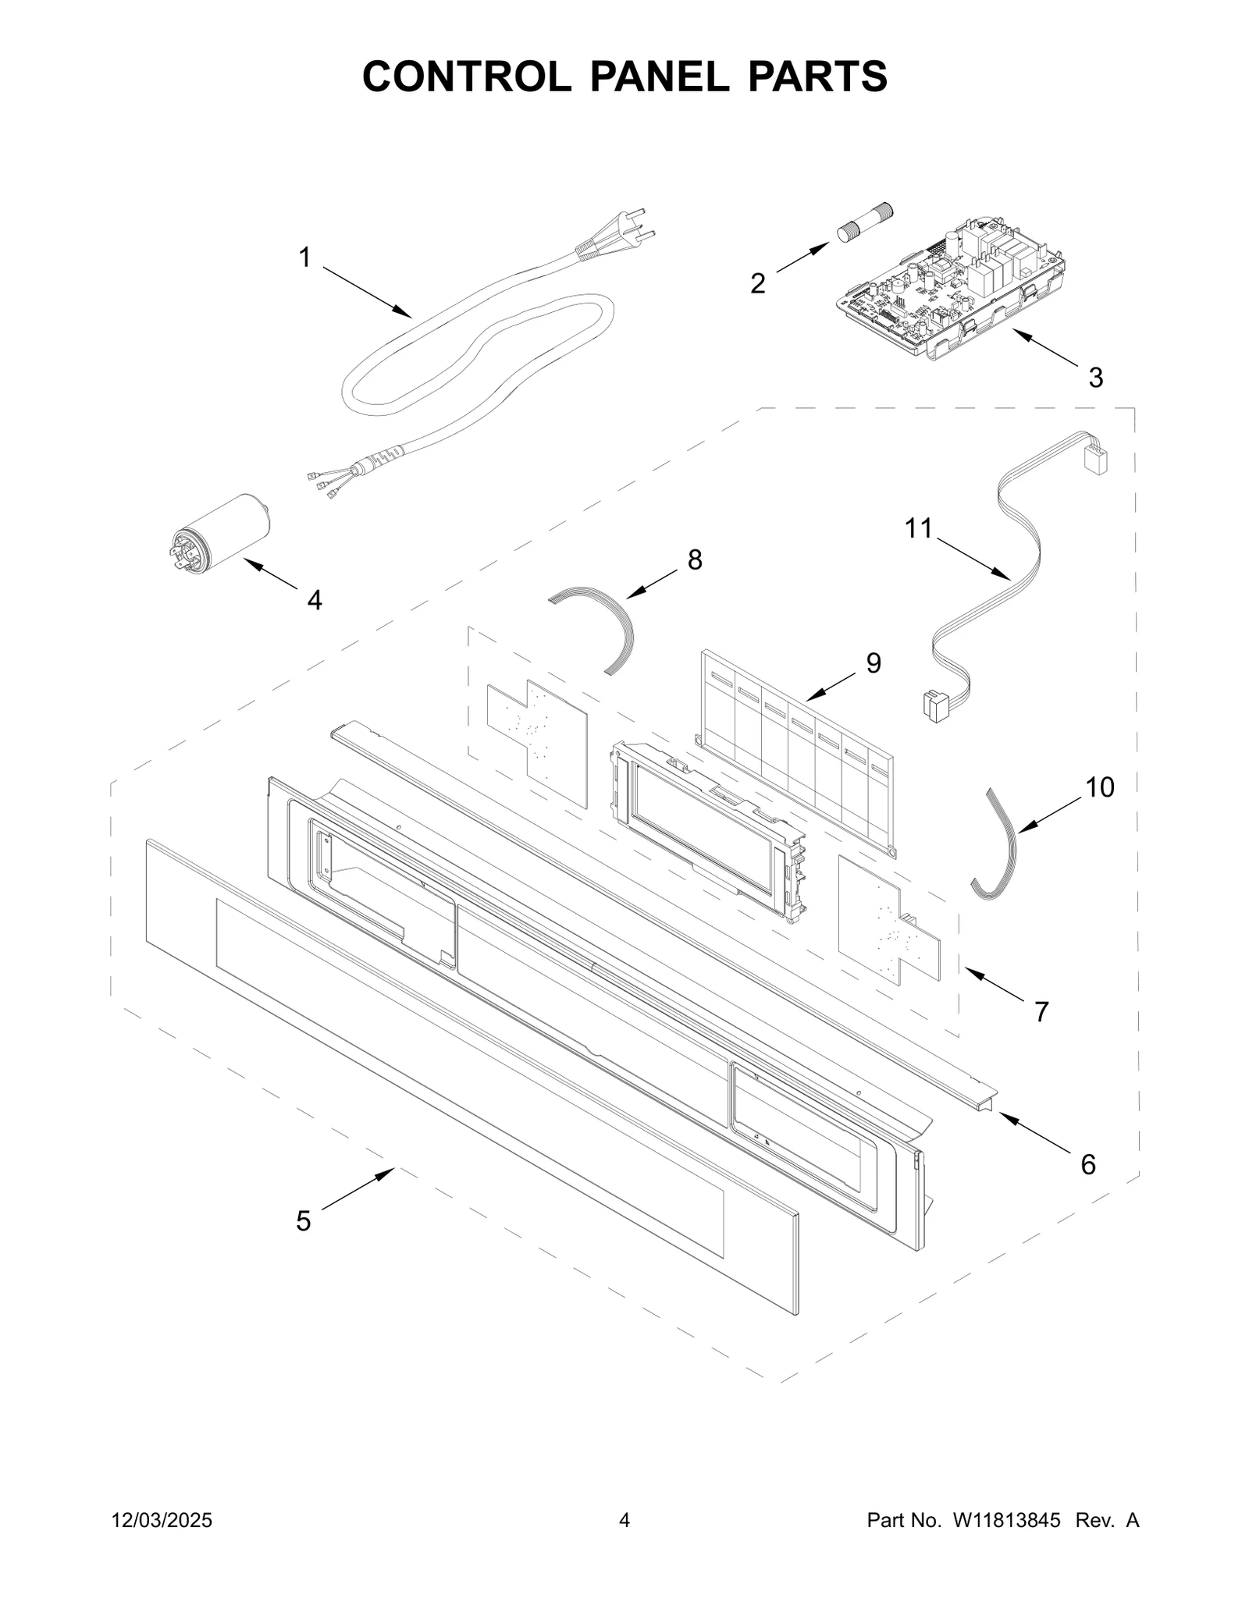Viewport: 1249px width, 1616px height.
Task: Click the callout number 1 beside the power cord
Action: (304, 257)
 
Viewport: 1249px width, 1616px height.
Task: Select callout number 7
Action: (1041, 1012)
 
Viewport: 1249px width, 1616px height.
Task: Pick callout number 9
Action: (874, 663)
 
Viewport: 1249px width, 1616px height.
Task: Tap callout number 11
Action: (919, 528)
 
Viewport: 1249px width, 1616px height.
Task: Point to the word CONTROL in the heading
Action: (466, 76)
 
